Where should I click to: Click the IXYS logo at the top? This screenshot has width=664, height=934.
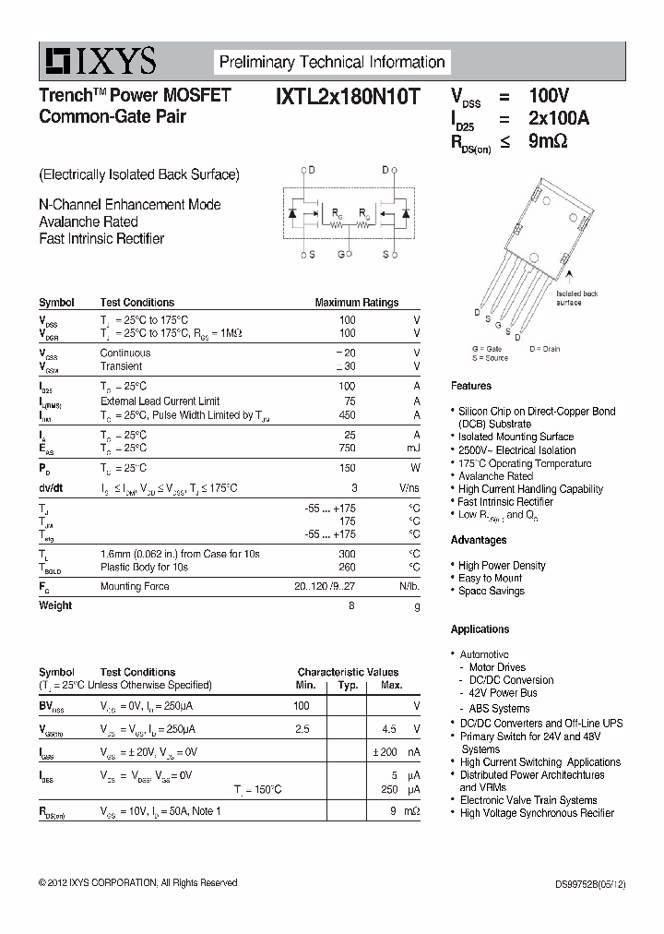tap(98, 62)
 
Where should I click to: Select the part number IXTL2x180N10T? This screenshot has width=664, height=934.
tap(347, 95)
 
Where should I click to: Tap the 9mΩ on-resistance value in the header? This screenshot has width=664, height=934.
tap(547, 141)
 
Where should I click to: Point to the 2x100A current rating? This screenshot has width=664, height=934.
tap(558, 118)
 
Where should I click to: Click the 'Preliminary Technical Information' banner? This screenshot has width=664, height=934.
tap(331, 63)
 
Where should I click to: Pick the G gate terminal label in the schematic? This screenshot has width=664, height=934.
tap(340, 254)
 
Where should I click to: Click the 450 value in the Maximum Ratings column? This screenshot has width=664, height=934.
tap(347, 415)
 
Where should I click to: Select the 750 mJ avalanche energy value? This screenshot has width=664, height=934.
tap(347, 448)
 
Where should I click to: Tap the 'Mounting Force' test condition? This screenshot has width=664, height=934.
tap(134, 586)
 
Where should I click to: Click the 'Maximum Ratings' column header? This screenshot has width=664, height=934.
tap(356, 302)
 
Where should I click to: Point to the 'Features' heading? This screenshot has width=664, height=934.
tap(471, 386)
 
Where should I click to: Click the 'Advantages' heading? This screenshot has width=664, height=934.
tap(479, 540)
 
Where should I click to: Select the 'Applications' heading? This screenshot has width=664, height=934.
tap(480, 629)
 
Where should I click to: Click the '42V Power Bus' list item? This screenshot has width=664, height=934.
tap(504, 693)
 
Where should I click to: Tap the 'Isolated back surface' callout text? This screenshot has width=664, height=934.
tap(577, 297)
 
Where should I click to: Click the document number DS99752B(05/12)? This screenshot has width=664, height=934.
tap(582, 883)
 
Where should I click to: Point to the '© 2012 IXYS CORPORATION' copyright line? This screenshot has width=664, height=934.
tap(137, 883)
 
